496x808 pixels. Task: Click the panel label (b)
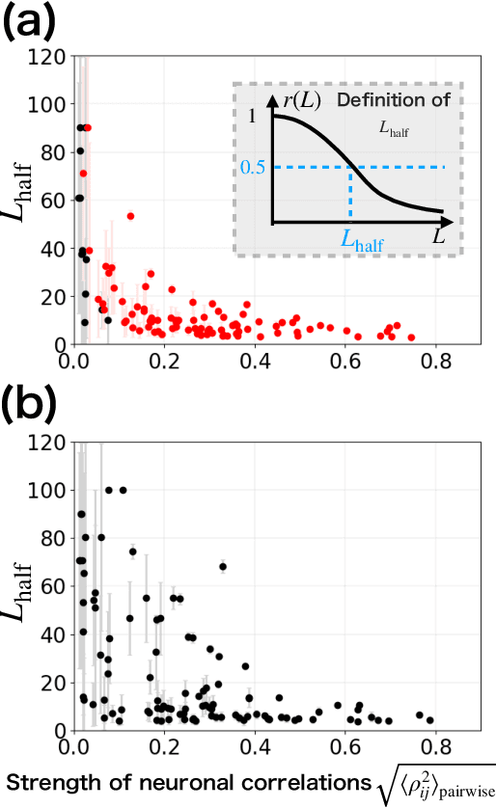pos(33,411)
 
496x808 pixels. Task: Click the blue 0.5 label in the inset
pos(254,168)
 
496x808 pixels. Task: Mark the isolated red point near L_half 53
pos(130,216)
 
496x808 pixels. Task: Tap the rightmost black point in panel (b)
pos(429,720)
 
